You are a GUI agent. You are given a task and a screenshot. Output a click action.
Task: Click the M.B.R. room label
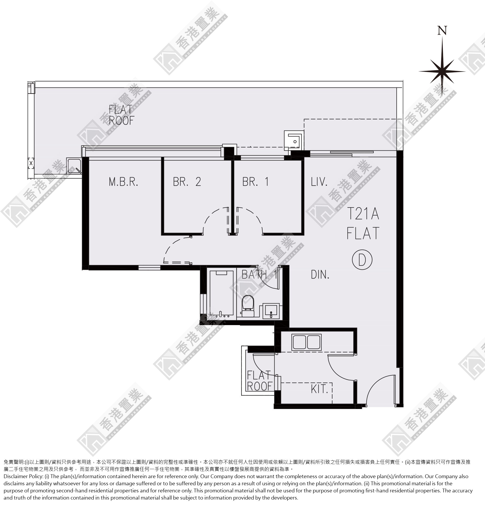[x=123, y=182]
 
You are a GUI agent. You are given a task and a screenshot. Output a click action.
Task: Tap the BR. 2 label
[x=187, y=182]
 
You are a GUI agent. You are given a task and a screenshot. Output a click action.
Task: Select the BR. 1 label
[x=255, y=182]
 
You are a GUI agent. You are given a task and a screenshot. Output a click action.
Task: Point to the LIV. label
[x=319, y=182]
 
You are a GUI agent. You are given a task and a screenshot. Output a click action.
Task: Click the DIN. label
[x=320, y=275]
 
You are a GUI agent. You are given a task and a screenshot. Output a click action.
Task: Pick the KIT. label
[x=319, y=389]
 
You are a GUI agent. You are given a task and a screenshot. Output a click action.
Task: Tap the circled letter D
[x=362, y=260]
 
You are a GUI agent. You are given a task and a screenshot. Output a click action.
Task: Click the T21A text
[x=363, y=214]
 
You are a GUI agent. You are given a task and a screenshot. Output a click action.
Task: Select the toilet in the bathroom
[x=248, y=306]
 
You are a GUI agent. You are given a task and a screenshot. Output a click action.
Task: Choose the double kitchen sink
[x=307, y=342]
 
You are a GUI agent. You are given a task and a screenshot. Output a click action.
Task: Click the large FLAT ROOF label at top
[x=122, y=115]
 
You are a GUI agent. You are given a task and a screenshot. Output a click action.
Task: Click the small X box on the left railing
[x=31, y=163]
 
